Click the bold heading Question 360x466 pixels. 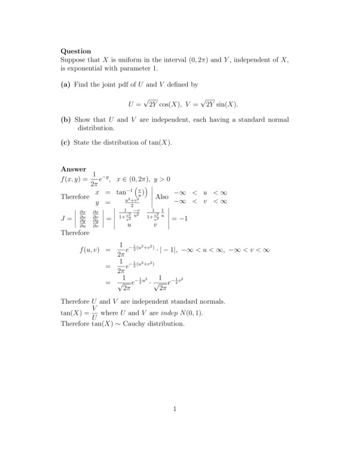pyautogui.click(x=76, y=52)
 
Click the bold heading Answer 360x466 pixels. pyautogui.click(x=73, y=169)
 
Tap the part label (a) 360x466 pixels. pyautogui.click(x=65, y=86)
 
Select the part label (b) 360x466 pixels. pyautogui.click(x=66, y=120)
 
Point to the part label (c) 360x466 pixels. pyautogui.click(x=65, y=142)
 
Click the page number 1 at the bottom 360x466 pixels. pyautogui.click(x=175, y=410)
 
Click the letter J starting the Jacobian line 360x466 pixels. pyautogui.click(x=63, y=219)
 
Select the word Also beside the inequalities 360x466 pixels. pyautogui.click(x=161, y=196)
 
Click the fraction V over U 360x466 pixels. pyautogui.click(x=94, y=312)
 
